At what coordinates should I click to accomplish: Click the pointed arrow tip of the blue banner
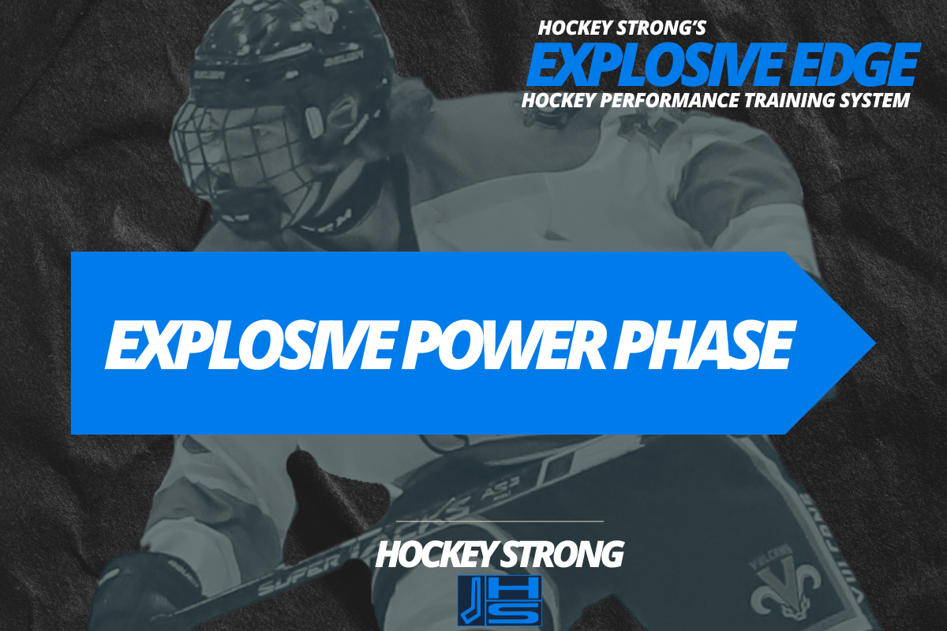[x=868, y=343]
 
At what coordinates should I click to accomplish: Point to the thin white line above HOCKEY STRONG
[x=499, y=521]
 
